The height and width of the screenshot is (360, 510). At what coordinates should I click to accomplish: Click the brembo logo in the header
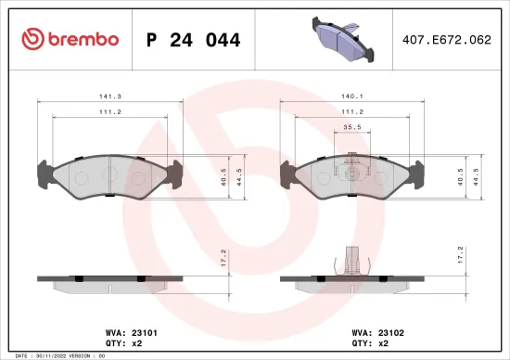[x=70, y=39]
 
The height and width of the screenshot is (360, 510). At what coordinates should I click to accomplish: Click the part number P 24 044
[x=194, y=40]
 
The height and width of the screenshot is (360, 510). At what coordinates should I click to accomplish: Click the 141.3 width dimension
[x=110, y=94]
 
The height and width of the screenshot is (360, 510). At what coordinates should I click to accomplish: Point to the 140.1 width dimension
[x=351, y=94]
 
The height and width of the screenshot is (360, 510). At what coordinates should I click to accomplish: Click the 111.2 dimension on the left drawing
[x=110, y=112]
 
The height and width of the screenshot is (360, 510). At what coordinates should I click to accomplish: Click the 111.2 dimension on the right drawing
[x=351, y=112]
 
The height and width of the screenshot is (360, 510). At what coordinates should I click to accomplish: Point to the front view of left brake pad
[x=109, y=174]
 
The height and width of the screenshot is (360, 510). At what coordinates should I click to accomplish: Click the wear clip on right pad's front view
[x=350, y=166]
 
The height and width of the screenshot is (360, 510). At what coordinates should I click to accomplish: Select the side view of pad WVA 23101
[x=109, y=280]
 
